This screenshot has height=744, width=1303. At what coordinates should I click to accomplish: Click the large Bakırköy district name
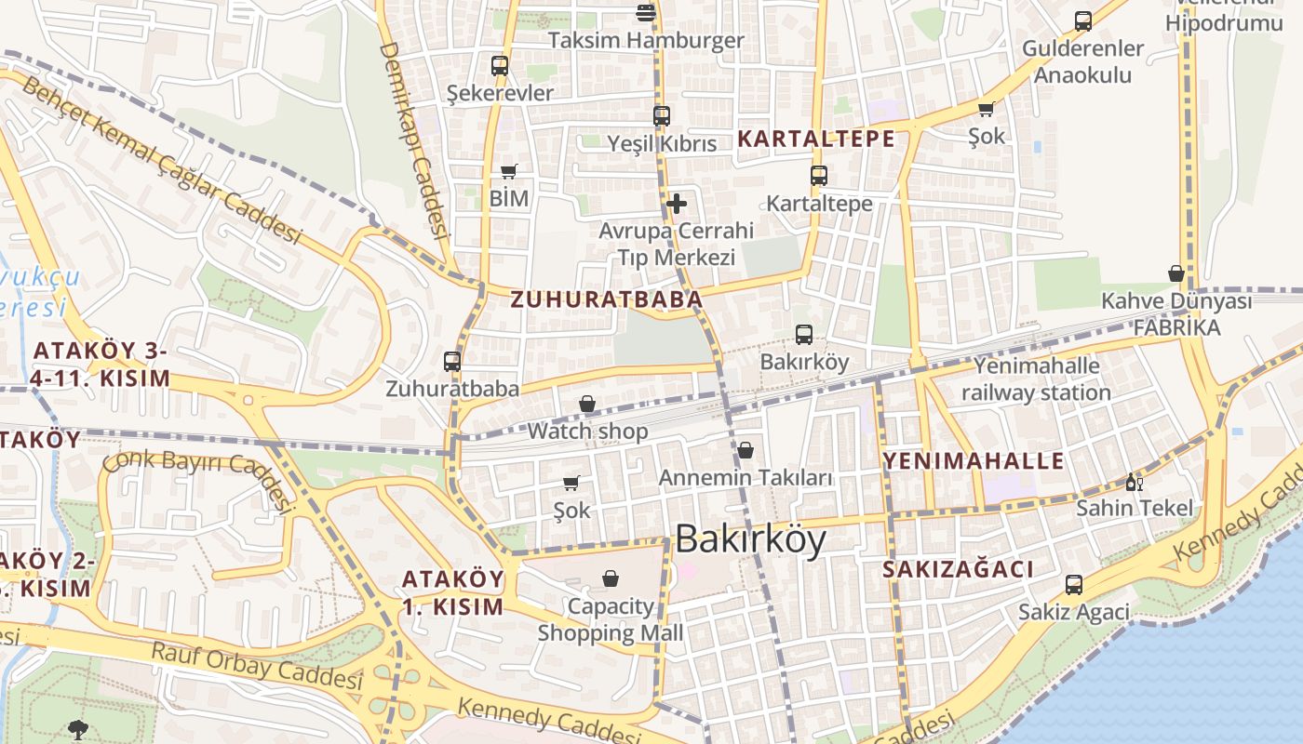[750, 539]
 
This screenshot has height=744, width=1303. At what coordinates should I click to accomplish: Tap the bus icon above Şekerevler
[500, 66]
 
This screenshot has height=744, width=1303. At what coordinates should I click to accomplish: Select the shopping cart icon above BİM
[508, 171]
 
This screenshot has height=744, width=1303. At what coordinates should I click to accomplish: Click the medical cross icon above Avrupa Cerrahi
[677, 203]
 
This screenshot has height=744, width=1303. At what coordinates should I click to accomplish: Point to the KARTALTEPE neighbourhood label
[815, 139]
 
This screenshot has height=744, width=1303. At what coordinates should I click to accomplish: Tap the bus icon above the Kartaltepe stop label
[819, 176]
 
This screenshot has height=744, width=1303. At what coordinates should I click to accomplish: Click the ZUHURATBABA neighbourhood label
[606, 299]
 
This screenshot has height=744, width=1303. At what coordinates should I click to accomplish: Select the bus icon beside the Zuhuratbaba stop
[452, 362]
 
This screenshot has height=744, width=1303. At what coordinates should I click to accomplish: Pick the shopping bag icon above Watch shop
[587, 404]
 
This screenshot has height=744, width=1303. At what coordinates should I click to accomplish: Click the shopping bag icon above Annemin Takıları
[746, 450]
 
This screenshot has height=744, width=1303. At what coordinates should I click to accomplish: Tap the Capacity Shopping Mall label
[611, 619]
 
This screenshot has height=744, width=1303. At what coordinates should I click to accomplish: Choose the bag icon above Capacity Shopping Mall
[611, 578]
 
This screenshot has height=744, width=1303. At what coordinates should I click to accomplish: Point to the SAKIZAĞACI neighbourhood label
[958, 569]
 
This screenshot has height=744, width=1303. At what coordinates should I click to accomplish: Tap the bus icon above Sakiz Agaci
[1074, 585]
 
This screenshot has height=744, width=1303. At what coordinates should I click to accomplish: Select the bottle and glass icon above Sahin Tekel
[1134, 482]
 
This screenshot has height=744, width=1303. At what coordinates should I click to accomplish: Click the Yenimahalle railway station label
[1036, 379]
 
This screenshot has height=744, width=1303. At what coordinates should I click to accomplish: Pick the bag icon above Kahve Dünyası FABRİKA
[1176, 273]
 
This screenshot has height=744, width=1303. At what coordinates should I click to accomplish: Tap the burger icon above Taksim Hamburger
[645, 12]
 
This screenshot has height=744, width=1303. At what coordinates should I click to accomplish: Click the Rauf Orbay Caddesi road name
[256, 666]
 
